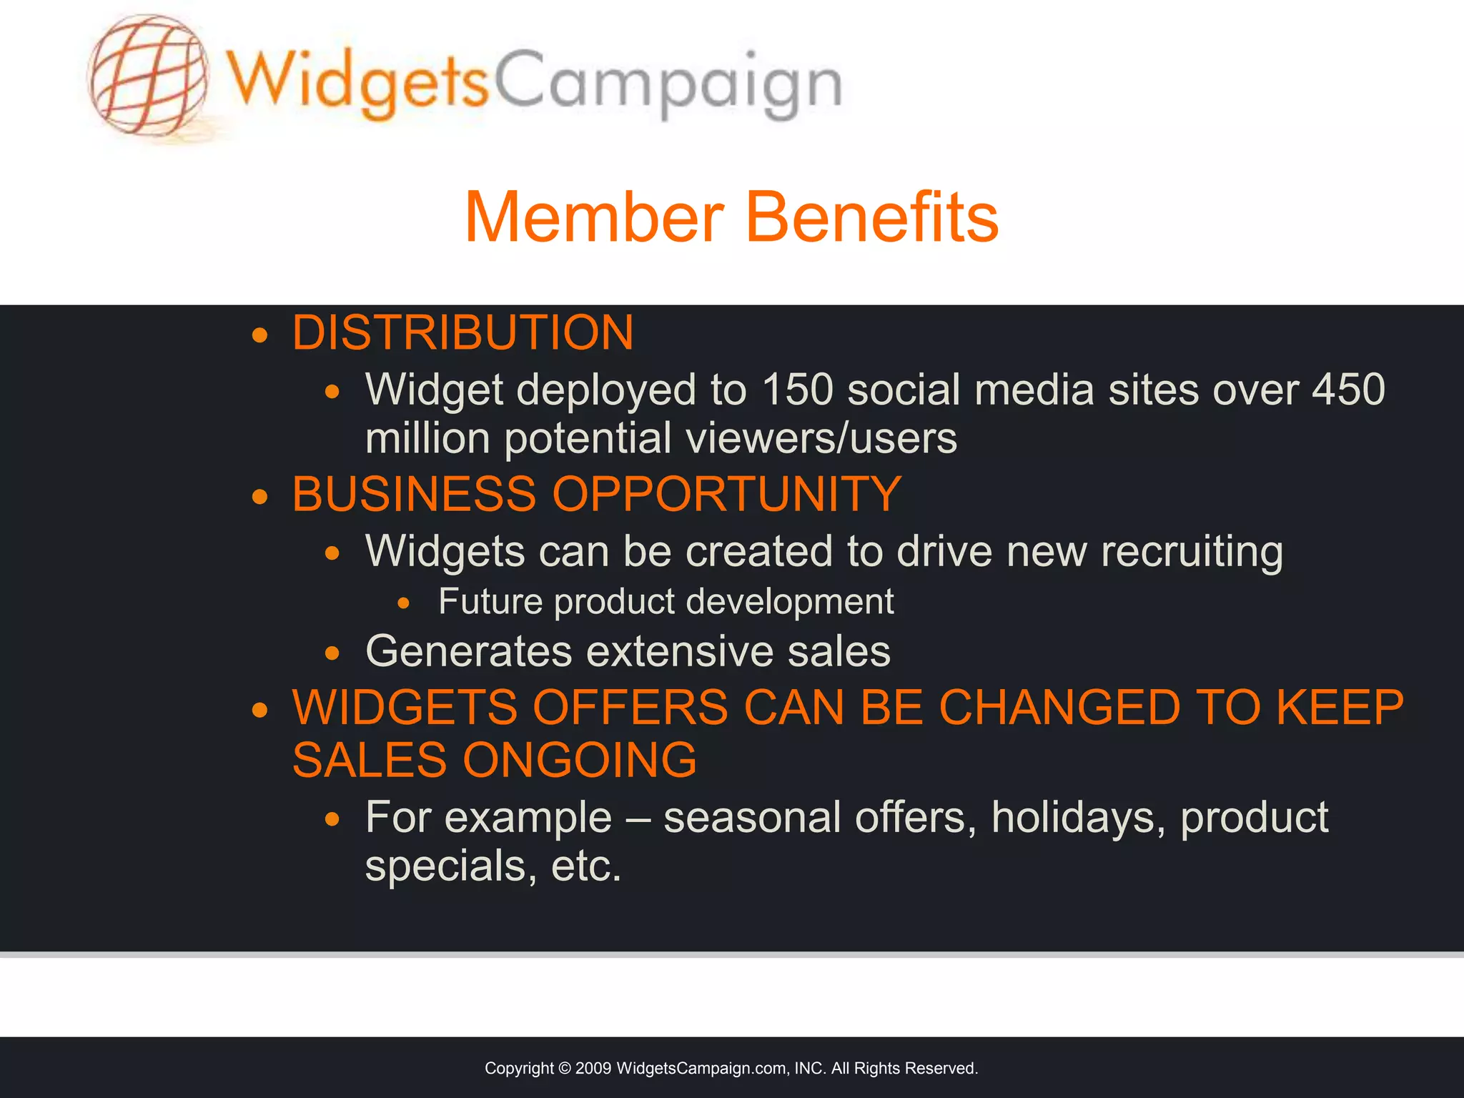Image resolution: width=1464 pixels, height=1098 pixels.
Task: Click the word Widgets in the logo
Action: [357, 82]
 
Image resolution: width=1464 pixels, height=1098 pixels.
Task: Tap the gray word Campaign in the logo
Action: [668, 84]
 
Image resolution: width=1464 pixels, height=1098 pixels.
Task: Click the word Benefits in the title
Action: [872, 217]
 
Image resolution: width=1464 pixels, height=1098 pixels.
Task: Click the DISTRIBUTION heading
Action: [463, 333]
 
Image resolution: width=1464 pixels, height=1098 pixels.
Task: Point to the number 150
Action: [798, 390]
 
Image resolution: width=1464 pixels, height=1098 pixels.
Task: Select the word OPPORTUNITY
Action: [727, 494]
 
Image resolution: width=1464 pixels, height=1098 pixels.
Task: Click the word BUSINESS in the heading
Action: [414, 494]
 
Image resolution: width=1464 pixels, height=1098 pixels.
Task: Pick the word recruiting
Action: [1192, 552]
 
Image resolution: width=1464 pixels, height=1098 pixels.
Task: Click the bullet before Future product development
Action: [404, 603]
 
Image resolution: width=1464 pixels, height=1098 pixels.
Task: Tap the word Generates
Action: [468, 651]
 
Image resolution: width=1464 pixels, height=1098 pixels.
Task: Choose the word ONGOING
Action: [580, 760]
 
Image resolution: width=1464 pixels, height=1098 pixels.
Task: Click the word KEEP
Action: [1340, 708]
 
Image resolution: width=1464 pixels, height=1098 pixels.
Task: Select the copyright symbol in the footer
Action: [564, 1069]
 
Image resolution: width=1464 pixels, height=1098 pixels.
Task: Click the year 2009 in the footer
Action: [593, 1069]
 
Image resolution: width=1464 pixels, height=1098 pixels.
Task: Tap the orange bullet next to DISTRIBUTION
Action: [259, 335]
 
